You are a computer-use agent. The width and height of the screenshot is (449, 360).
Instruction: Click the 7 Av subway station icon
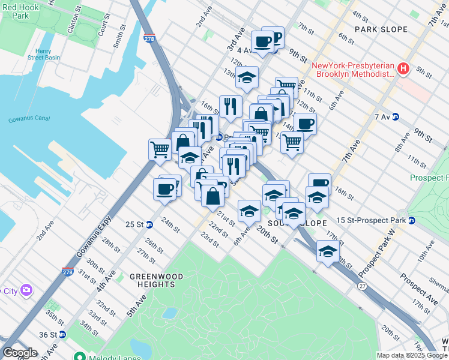click(x=396, y=116)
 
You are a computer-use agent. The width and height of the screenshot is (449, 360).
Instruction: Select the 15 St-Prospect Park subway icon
click(x=412, y=220)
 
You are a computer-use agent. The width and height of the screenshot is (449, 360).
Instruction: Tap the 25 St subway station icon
click(x=149, y=224)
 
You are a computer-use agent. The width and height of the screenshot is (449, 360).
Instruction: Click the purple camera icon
click(x=26, y=291)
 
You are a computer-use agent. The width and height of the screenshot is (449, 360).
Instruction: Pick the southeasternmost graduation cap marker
click(x=328, y=251)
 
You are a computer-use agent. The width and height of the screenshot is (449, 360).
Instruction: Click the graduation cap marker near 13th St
click(x=247, y=77)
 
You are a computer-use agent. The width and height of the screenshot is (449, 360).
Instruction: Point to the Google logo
click(x=20, y=353)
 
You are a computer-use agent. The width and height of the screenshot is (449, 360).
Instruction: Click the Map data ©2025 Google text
click(x=411, y=355)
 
